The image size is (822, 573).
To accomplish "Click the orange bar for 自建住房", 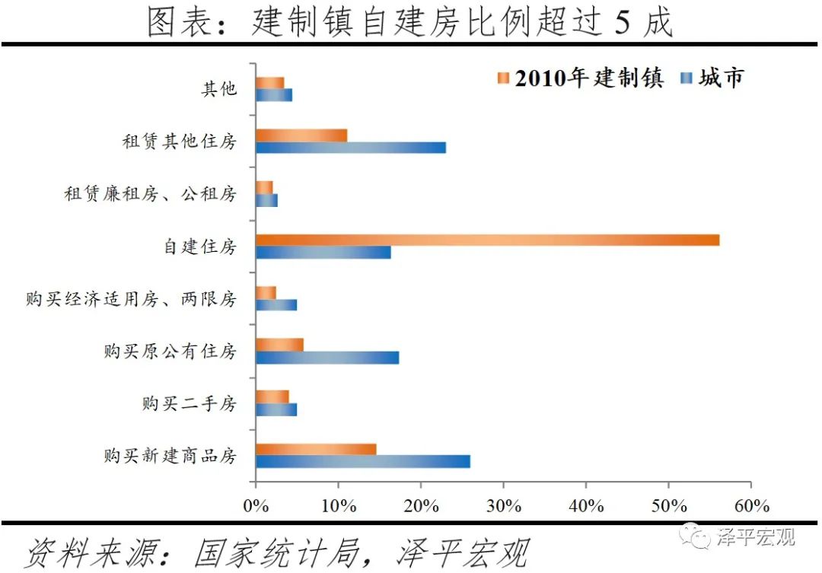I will [x=487, y=240].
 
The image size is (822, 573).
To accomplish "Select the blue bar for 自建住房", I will [x=323, y=253].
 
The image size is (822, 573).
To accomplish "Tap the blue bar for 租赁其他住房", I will [x=351, y=148].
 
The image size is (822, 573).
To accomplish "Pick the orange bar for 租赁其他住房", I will [x=301, y=135].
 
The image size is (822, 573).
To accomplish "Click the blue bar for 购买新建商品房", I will [x=363, y=461].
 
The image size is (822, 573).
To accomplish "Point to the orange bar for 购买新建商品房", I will [x=316, y=449].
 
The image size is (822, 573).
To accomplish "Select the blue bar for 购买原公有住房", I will [x=327, y=357].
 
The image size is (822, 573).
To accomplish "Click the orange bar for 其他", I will [x=270, y=83].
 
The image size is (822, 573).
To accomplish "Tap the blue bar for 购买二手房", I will [x=276, y=409].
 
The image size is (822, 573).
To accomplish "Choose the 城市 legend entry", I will [x=712, y=78].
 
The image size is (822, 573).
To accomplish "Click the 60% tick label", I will [x=750, y=506].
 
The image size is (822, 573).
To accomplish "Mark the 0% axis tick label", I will [x=256, y=506].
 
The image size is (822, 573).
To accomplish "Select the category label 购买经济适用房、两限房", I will [x=131, y=299].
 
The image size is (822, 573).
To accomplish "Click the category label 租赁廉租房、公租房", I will [x=150, y=194].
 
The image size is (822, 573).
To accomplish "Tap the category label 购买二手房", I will [x=190, y=403].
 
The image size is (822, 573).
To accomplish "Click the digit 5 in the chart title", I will [x=620, y=24].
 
